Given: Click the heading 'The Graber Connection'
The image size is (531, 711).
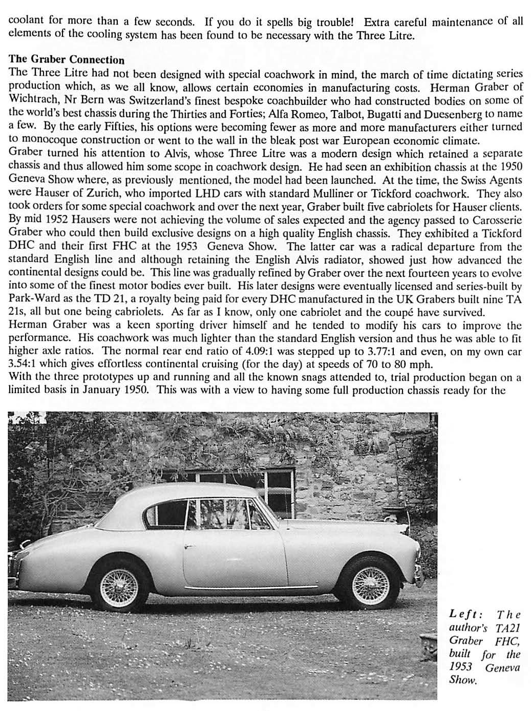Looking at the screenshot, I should tap(67, 60).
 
